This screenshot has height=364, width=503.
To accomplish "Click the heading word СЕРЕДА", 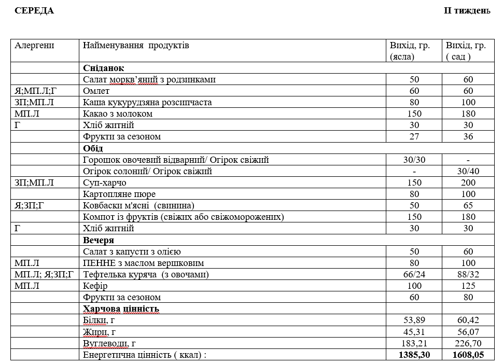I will (34, 11).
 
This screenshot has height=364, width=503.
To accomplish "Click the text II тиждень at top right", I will (467, 11).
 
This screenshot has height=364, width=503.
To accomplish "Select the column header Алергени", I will (35, 46).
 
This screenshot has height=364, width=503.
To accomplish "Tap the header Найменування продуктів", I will (136, 46).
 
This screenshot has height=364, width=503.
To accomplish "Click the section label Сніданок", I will (103, 68).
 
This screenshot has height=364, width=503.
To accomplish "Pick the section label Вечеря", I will (99, 240).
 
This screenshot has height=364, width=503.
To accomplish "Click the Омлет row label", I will (96, 91).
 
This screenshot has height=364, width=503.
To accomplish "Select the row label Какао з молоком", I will (118, 114).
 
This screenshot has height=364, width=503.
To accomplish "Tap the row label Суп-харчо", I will (105, 183).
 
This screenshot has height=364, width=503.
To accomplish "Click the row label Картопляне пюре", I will (119, 194).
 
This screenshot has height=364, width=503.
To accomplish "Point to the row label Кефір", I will (95, 286).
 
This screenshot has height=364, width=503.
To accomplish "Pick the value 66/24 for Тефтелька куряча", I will (414, 274).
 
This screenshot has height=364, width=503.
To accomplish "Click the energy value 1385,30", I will (414, 355).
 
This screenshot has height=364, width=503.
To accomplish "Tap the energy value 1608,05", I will (468, 355).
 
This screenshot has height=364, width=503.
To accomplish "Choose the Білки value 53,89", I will (414, 320).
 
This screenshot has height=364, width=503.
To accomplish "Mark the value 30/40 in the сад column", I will (468, 171).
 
